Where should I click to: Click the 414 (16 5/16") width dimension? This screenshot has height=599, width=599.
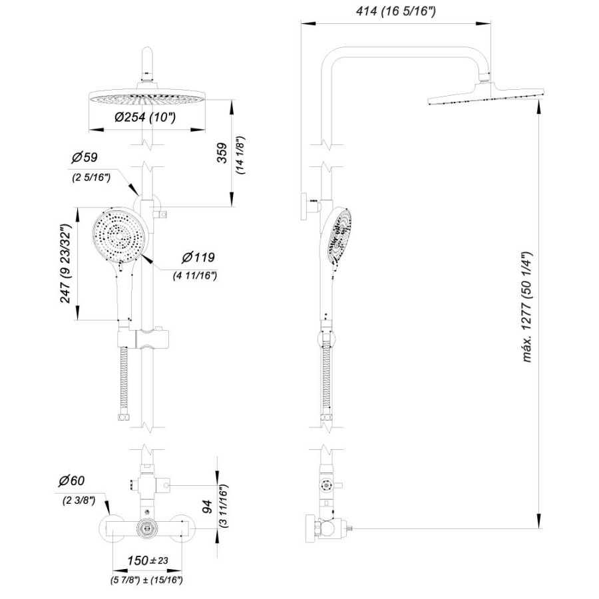click(x=396, y=11)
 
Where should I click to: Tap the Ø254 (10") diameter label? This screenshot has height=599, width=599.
click(x=145, y=117)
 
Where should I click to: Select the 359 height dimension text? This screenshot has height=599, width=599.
click(x=222, y=153)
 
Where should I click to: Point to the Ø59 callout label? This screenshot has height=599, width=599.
click(x=84, y=157)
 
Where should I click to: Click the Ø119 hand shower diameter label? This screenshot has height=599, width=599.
click(x=198, y=258)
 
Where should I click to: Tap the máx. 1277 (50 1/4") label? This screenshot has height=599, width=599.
click(x=527, y=307)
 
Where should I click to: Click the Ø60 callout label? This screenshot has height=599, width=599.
click(x=71, y=481)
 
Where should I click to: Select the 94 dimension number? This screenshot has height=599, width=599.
click(x=207, y=506)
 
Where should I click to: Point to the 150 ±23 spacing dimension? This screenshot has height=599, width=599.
click(x=148, y=560)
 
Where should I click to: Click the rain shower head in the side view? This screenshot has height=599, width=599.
click(x=485, y=95)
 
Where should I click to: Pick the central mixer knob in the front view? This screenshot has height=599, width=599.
click(x=146, y=528)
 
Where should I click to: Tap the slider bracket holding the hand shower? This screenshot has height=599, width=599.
click(x=143, y=339)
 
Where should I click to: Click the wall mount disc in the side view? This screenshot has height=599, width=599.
click(x=304, y=207)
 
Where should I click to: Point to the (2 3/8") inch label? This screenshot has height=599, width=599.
click(x=79, y=500)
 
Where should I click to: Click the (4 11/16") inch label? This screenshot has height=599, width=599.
click(x=195, y=276)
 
